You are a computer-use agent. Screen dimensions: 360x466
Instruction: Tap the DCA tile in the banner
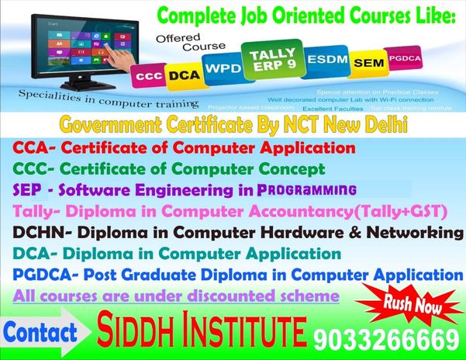tap(183, 74)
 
